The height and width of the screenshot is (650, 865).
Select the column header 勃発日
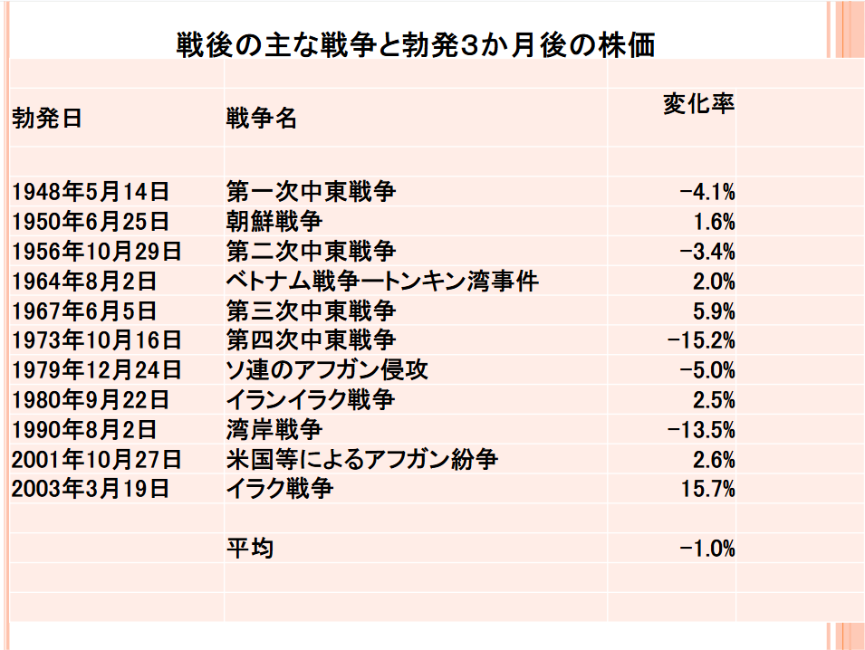(x=47, y=119)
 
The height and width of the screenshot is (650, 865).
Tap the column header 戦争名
(x=261, y=119)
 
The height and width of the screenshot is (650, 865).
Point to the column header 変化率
(x=697, y=103)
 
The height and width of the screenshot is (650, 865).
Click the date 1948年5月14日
(x=91, y=192)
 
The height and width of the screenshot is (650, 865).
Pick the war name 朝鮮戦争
(x=274, y=222)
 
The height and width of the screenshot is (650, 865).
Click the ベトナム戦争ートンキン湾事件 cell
(x=382, y=282)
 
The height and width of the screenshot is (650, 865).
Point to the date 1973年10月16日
(x=97, y=341)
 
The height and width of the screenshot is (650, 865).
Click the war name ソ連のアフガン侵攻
(x=327, y=370)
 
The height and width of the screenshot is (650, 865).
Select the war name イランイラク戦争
(x=311, y=400)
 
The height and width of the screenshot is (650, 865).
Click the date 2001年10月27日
(x=97, y=460)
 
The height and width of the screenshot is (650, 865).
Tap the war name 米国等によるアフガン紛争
(x=362, y=460)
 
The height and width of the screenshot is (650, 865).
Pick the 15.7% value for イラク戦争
(x=707, y=490)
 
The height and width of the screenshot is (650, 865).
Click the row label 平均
(x=250, y=549)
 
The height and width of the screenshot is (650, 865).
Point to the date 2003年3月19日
(x=91, y=490)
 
